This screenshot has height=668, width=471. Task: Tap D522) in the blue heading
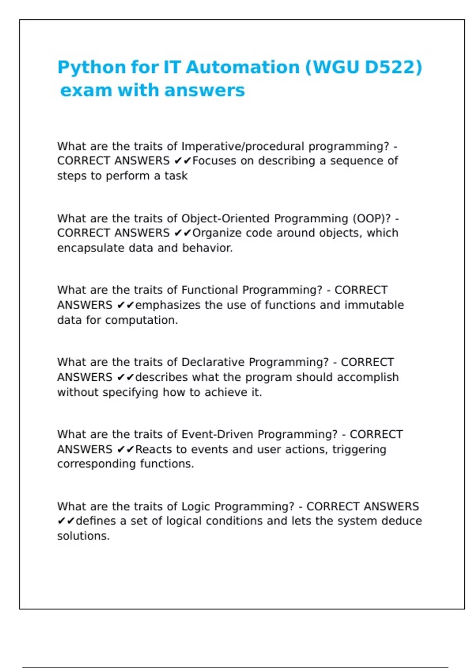click(x=393, y=68)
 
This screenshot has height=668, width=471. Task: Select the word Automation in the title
click(x=243, y=68)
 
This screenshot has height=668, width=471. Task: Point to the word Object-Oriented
click(x=225, y=218)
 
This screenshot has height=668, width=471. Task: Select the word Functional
click(x=210, y=290)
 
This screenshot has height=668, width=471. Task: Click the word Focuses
click(x=214, y=161)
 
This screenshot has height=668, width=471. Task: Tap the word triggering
click(x=359, y=450)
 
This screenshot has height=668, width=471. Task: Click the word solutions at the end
click(x=83, y=536)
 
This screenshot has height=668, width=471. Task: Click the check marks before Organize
click(x=182, y=233)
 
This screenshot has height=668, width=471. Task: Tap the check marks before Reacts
click(x=126, y=450)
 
